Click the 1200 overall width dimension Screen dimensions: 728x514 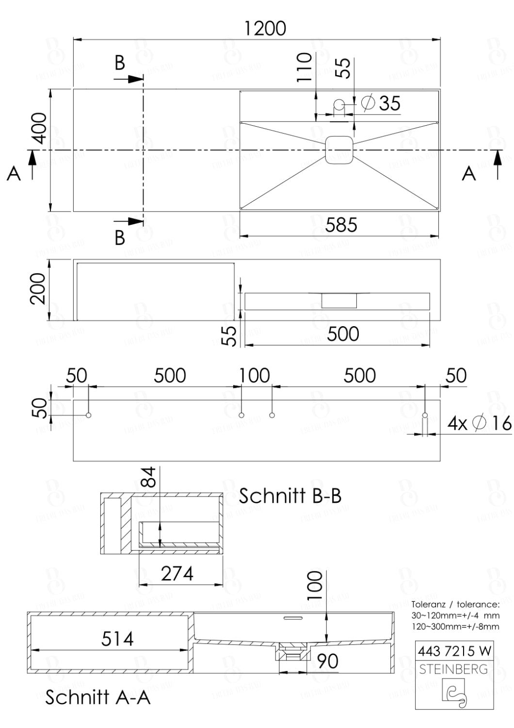[265, 29]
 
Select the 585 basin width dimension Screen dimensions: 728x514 [341, 225]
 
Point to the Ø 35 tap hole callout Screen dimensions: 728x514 [381, 103]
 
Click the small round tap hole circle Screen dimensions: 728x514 [339, 103]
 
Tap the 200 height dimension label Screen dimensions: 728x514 [38, 288]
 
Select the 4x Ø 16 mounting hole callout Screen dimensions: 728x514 [479, 423]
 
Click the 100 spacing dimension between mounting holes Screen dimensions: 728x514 [255, 376]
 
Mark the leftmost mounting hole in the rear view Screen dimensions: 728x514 [88, 415]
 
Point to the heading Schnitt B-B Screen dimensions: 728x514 [290, 496]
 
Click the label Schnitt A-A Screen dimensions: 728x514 [97, 697]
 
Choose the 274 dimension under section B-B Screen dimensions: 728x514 [177, 574]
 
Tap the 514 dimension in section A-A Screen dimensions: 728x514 [117, 639]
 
